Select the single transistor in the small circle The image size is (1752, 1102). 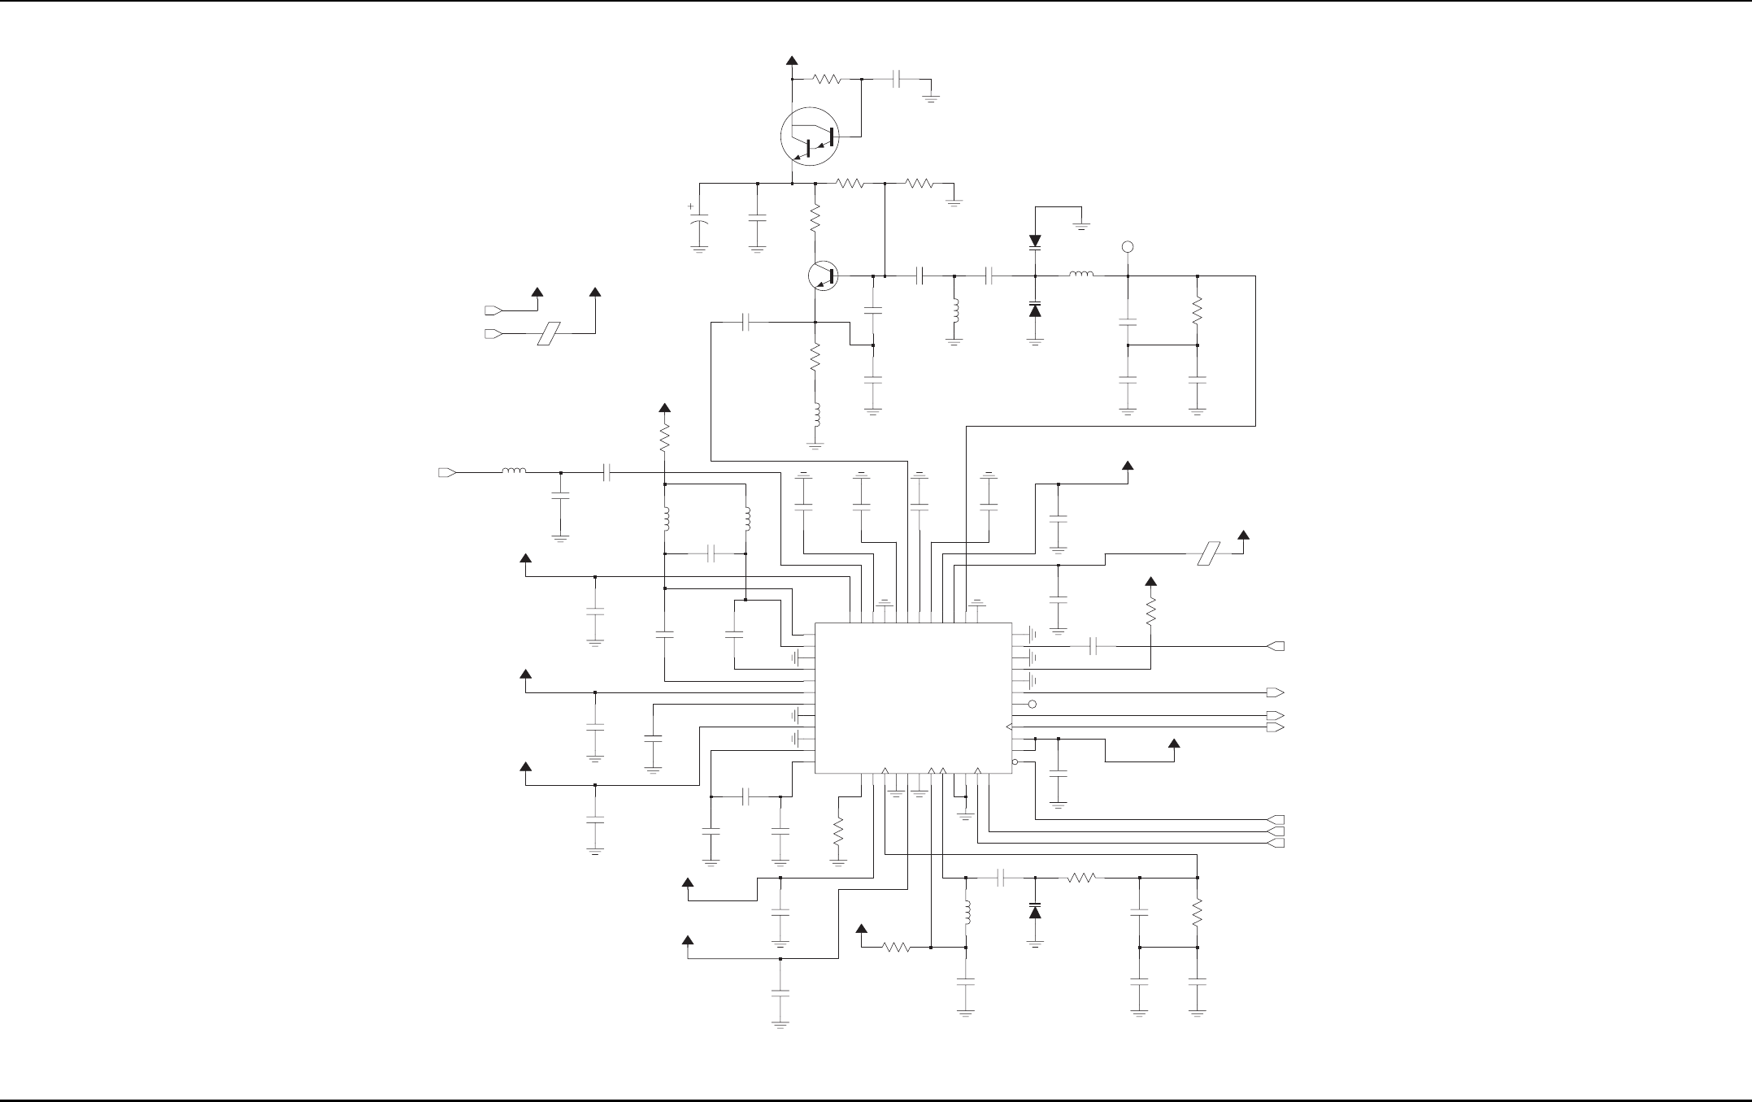pyautogui.click(x=824, y=276)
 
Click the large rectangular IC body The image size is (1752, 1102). pyautogui.click(x=913, y=698)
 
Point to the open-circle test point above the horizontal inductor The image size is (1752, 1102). pyautogui.click(x=1128, y=247)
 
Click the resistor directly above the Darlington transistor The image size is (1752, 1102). pyautogui.click(x=827, y=80)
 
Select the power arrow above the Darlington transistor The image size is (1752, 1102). pyautogui.click(x=792, y=60)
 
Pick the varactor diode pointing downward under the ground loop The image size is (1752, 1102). pyautogui.click(x=1035, y=241)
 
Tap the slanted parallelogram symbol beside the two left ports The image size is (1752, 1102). pyautogui.click(x=550, y=333)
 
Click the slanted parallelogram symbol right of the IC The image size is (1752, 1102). pyautogui.click(x=1211, y=553)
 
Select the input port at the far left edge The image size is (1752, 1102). pyautogui.click(x=446, y=472)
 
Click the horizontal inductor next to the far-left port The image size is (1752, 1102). pyautogui.click(x=513, y=471)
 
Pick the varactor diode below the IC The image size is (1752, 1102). pyautogui.click(x=1035, y=911)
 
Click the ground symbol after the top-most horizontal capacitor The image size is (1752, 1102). pyautogui.click(x=931, y=98)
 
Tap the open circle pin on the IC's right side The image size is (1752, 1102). pyautogui.click(x=1033, y=704)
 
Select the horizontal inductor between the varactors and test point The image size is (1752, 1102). pyautogui.click(x=1080, y=275)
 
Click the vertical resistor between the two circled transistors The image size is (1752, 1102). pyautogui.click(x=815, y=218)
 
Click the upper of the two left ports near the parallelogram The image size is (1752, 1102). pyautogui.click(x=492, y=310)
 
